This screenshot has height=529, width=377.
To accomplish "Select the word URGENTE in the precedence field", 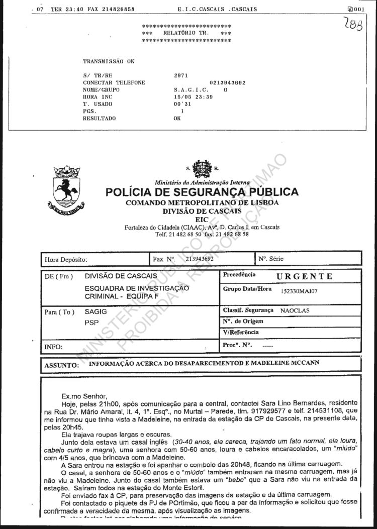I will click(304, 276).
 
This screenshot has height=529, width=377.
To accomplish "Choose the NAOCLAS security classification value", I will click(295, 310).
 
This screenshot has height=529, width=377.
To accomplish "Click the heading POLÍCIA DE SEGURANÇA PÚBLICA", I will click(202, 192).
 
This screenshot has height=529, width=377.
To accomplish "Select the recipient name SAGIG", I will click(96, 311).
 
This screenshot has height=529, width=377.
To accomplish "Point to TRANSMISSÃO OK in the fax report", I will click(109, 61).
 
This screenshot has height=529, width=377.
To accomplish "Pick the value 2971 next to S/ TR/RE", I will click(180, 75).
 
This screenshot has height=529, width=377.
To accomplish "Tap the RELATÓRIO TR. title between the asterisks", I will click(186, 33).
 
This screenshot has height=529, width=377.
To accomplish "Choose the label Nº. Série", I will click(271, 259).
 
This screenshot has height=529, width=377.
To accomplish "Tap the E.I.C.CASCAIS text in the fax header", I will click(200, 9).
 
